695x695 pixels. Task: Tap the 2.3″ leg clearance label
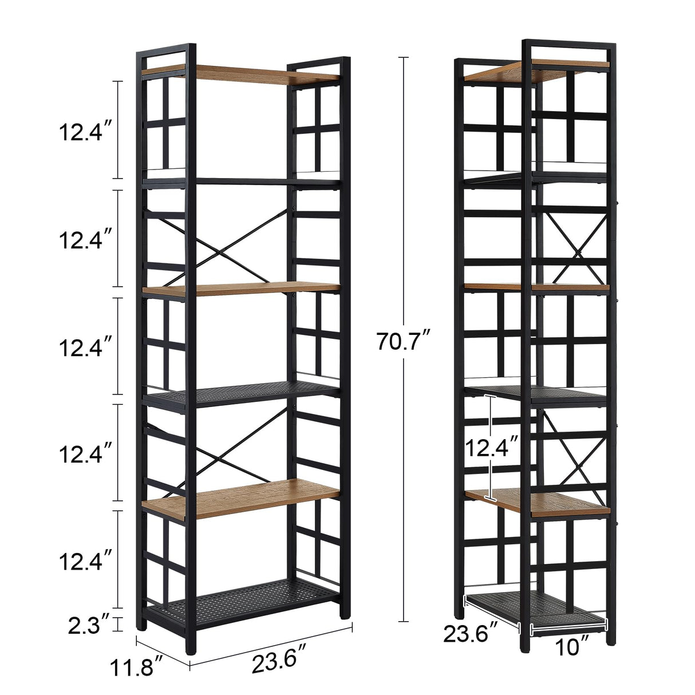tap(88, 625)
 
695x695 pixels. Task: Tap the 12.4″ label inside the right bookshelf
tap(491, 447)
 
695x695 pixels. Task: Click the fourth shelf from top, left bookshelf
tap(240, 393)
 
